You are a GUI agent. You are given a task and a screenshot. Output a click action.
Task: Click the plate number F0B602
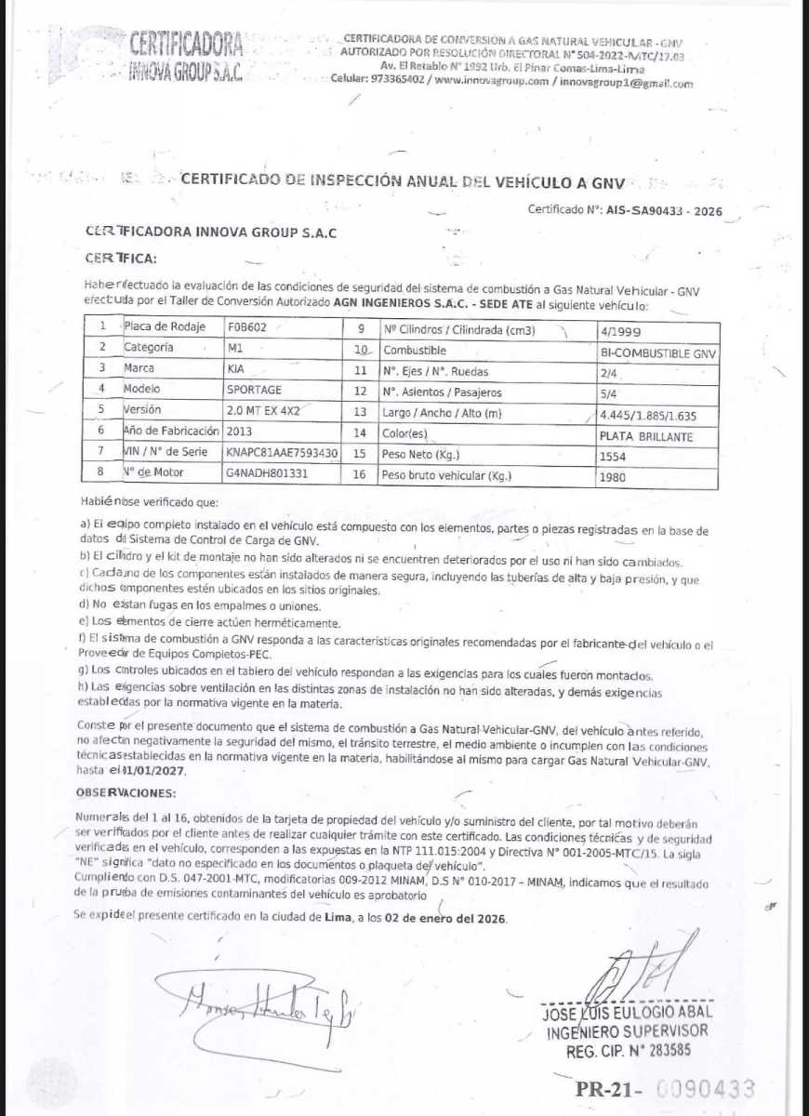247,327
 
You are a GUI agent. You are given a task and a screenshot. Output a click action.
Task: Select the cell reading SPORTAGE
254,389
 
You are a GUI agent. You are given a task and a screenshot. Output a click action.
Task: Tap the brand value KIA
235,368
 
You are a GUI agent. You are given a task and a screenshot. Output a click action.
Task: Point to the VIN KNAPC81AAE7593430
282,452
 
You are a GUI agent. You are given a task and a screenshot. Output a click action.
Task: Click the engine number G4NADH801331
266,473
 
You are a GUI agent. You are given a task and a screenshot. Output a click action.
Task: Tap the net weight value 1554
614,457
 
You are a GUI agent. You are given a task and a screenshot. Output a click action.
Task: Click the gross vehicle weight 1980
614,478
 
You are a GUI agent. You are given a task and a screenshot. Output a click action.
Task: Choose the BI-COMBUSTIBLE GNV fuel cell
659,354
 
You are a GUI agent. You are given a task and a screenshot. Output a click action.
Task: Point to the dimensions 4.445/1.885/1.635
647,415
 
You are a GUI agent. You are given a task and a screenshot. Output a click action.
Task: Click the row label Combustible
415,350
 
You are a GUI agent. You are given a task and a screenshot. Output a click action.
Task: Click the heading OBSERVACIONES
126,792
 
